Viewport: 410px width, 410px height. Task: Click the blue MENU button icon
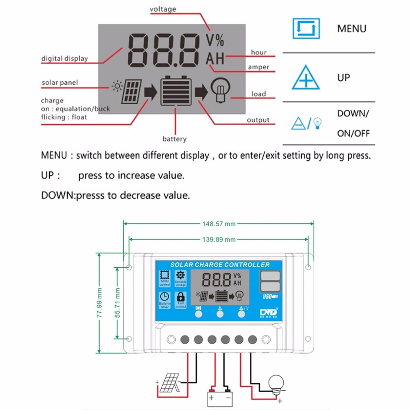pos(305,28)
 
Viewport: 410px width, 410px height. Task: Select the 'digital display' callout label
pos(64,58)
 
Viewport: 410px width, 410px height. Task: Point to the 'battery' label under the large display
pos(174,139)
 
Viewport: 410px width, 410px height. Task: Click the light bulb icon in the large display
pos(220,90)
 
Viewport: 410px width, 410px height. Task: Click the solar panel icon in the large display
pos(131,91)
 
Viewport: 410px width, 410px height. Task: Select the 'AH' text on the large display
pos(215,59)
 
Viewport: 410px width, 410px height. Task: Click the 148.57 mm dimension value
pos(219,224)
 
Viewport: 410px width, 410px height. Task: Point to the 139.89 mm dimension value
pos(219,239)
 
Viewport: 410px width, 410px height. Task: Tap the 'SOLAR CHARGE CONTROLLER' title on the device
pos(220,264)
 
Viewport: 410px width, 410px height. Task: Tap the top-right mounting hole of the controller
pos(309,267)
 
